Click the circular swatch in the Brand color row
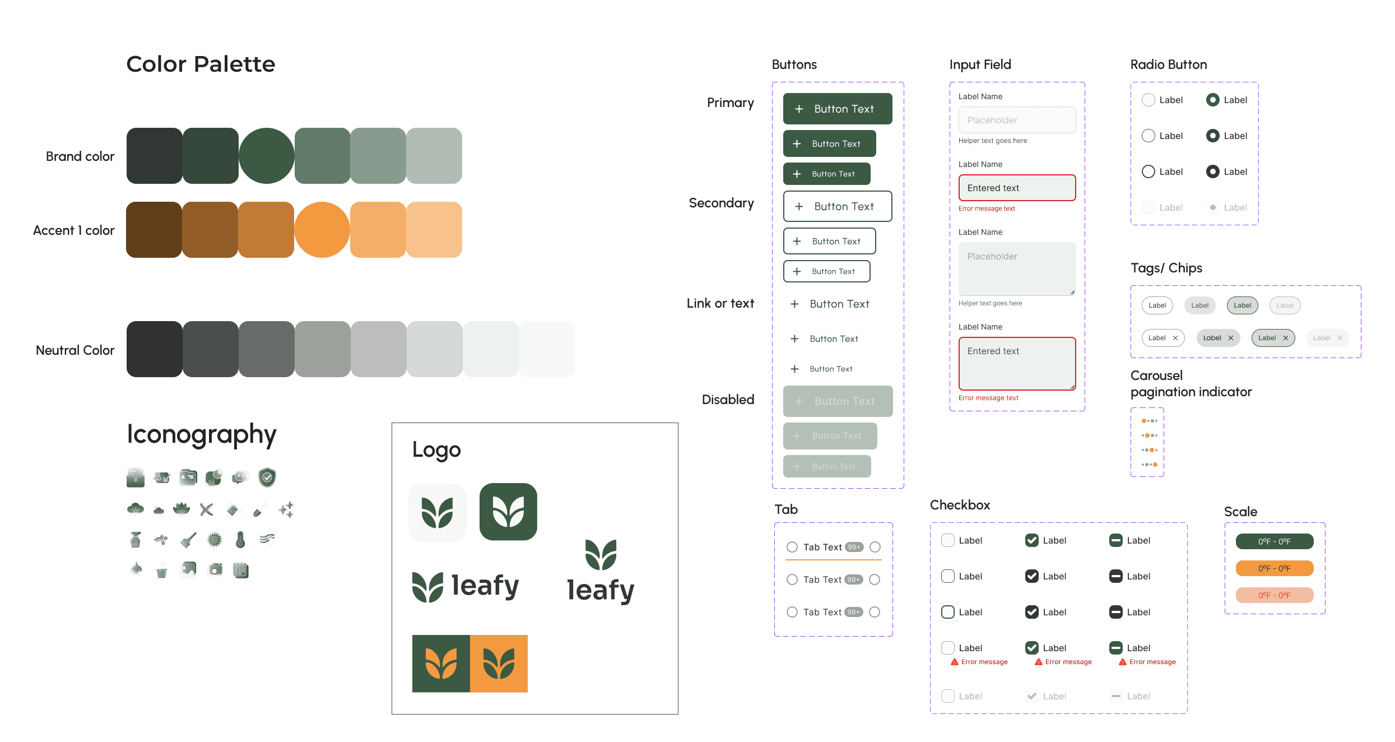pyautogui.click(x=266, y=156)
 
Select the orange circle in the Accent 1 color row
pyautogui.click(x=322, y=230)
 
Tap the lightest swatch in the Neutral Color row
pyautogui.click(x=547, y=349)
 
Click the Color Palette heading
pyautogui.click(x=201, y=64)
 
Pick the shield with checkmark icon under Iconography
pyautogui.click(x=267, y=477)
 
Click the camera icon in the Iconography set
pyautogui.click(x=215, y=571)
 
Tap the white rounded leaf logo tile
pyautogui.click(x=437, y=513)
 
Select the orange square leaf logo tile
pyautogui.click(x=499, y=664)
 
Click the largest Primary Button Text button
pyautogui.click(x=838, y=109)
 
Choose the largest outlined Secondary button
pyautogui.click(x=838, y=206)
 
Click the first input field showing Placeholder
pyautogui.click(x=1017, y=120)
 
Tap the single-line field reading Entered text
pyautogui.click(x=1017, y=188)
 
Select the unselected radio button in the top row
pyautogui.click(x=1148, y=100)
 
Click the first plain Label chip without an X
pyautogui.click(x=1157, y=305)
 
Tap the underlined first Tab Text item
pyautogui.click(x=822, y=547)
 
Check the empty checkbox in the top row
pyautogui.click(x=948, y=540)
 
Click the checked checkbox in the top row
pyautogui.click(x=1032, y=540)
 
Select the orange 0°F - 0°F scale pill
pyautogui.click(x=1275, y=568)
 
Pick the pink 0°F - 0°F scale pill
pyautogui.click(x=1275, y=595)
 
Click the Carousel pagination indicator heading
pyautogui.click(x=1191, y=384)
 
